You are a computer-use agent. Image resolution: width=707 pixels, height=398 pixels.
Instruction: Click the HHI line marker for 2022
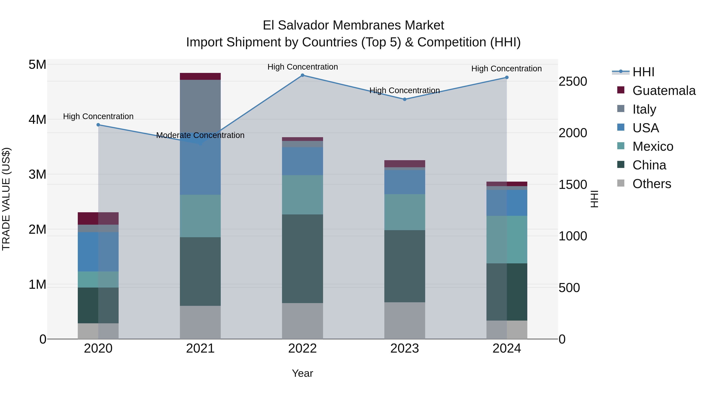coord(302,75)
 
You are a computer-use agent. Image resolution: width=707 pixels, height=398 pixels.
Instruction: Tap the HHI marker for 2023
coord(405,99)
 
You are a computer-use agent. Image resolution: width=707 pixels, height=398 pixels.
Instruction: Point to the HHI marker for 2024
coord(507,77)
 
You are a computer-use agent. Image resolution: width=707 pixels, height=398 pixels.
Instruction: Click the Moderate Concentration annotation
coord(200,135)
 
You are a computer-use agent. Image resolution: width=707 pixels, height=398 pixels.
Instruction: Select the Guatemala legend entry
coord(664,91)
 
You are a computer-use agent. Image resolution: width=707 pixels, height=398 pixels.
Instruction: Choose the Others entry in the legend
coord(652,184)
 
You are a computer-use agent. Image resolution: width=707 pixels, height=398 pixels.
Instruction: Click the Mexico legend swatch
coord(621,146)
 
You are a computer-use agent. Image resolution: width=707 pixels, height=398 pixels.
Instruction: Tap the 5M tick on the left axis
coord(37,65)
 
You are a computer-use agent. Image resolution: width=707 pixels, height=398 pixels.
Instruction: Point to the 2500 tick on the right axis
coord(573,82)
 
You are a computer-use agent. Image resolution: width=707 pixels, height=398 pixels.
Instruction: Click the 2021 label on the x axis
coord(200,348)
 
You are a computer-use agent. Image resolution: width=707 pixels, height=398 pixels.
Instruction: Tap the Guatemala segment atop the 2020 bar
coord(98,218)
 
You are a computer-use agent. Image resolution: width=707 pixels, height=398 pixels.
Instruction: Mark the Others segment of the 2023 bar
coord(405,320)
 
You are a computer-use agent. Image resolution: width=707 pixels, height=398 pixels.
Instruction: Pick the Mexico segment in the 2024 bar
coord(507,240)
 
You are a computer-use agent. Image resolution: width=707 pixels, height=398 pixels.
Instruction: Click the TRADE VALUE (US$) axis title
coord(6,199)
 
